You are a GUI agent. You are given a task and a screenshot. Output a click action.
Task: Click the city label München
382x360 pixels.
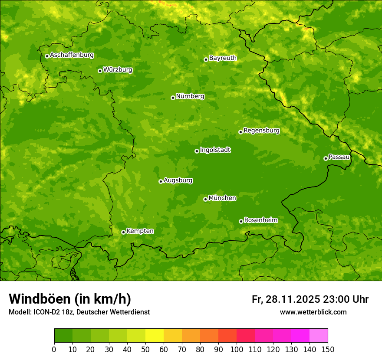[x=222, y=198]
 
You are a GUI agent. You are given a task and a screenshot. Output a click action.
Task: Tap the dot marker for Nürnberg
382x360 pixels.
[x=173, y=98]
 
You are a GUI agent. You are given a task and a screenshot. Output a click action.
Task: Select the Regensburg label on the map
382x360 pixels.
[x=261, y=131]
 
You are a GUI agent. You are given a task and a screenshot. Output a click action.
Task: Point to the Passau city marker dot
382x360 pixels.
[x=326, y=158]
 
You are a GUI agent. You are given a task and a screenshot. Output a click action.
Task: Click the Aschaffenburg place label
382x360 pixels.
[x=72, y=55]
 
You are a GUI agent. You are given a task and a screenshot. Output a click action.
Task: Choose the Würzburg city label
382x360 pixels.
[x=118, y=70]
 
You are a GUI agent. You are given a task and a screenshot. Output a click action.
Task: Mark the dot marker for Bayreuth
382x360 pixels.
[x=206, y=59]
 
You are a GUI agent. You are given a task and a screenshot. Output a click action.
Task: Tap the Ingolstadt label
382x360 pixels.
[x=215, y=150]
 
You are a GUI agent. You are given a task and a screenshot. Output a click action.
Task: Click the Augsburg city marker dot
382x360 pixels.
[x=161, y=181]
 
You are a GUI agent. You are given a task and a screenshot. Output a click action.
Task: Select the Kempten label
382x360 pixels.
[x=140, y=231]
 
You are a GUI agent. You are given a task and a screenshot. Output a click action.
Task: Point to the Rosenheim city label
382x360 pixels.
[x=260, y=220]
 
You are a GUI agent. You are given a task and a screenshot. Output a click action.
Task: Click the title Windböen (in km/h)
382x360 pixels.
[x=70, y=299]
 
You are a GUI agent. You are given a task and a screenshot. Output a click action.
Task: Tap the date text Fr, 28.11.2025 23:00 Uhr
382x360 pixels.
[x=310, y=299]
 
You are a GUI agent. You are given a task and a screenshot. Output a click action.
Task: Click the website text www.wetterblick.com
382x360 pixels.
[x=313, y=312]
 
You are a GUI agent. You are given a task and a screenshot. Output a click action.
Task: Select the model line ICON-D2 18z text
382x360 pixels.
[x=79, y=312]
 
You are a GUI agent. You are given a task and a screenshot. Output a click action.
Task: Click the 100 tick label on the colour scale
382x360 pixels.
[x=236, y=349]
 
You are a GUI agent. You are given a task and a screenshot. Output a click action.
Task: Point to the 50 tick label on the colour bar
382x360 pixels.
[x=145, y=349]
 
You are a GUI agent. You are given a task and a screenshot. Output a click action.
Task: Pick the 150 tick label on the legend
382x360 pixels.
[x=327, y=349]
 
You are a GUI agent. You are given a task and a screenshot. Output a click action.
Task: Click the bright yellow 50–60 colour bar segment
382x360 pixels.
[x=155, y=335]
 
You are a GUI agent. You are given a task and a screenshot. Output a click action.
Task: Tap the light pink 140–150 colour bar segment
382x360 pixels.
[x=319, y=335]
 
